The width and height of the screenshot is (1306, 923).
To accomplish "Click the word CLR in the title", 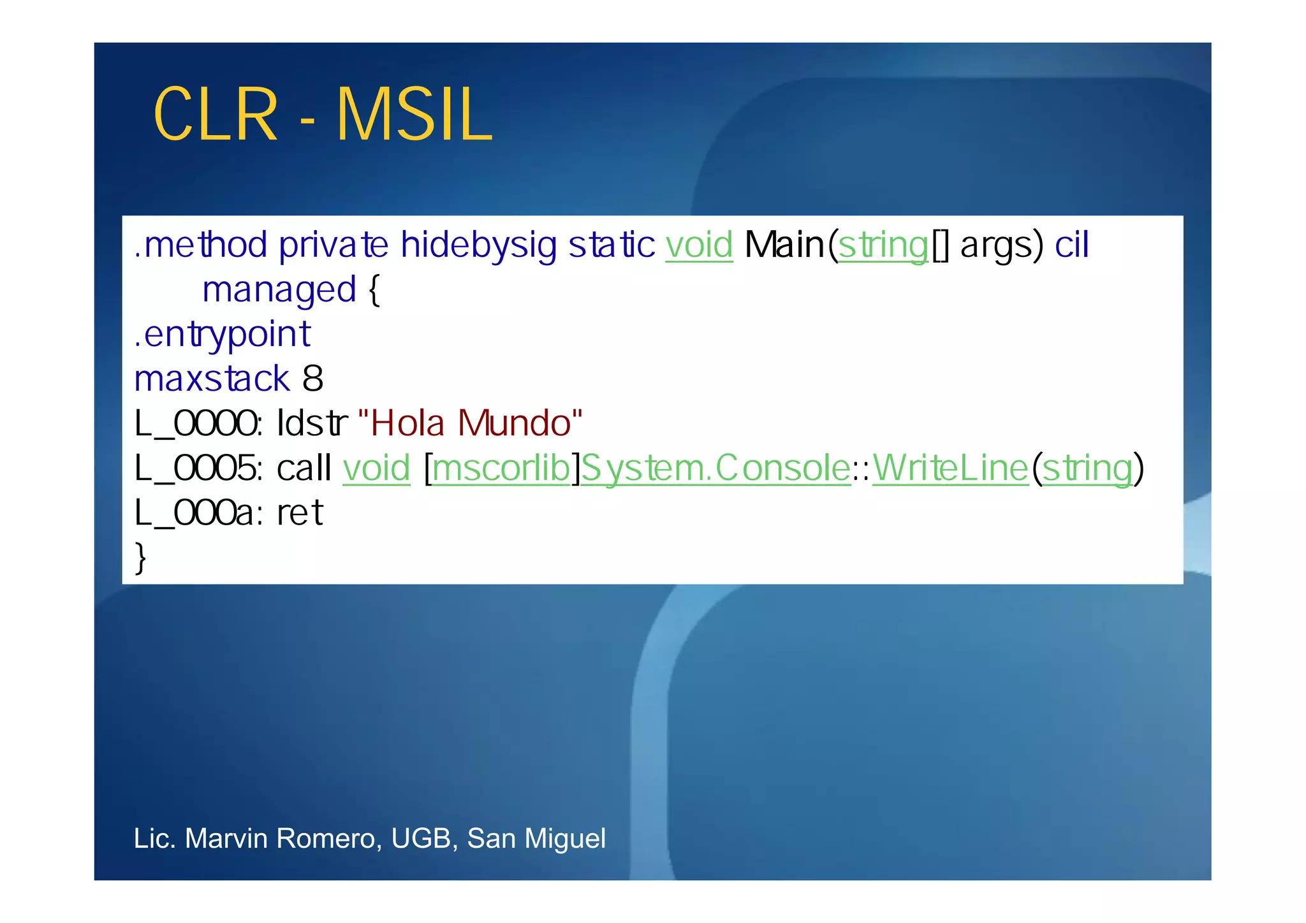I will tap(216, 115).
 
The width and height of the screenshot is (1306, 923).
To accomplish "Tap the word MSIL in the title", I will tap(415, 115).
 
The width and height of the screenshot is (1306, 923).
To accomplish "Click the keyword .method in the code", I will tap(200, 245).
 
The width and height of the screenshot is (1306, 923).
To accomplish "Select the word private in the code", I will tap(334, 245).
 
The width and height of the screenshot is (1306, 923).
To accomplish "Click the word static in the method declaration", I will tap(612, 245).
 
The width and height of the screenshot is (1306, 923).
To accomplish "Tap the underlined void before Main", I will tap(699, 245).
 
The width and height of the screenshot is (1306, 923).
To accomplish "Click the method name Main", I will tap(784, 245).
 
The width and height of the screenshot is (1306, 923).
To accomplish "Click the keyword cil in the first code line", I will tap(1072, 245).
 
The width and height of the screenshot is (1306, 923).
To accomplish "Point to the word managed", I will tap(279, 291).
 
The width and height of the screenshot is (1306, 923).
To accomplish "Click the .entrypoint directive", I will tap(222, 335).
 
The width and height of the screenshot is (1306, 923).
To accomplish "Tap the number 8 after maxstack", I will tap(312, 379).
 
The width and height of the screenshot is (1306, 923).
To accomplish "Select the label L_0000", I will tap(197, 424).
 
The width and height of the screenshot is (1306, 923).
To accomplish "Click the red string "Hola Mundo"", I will tap(471, 423).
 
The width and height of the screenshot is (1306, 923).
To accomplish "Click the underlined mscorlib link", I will tap(501, 469).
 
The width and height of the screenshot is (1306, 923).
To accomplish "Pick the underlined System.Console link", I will tap(715, 469).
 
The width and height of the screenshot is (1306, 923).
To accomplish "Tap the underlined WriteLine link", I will tap(950, 469).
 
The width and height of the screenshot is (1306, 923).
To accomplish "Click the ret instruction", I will tap(300, 513).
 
